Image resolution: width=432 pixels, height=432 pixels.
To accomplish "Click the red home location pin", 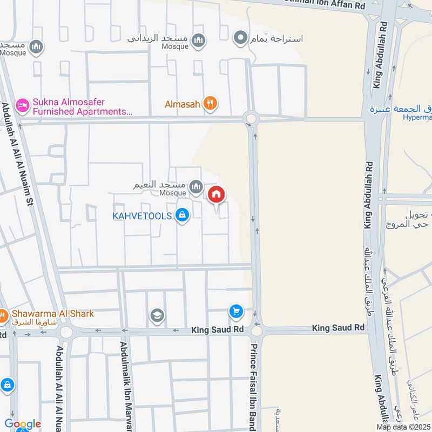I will point(217,195).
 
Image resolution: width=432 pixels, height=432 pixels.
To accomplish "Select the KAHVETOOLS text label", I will point(142,216).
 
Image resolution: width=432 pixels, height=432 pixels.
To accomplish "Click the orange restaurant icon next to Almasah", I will point(211,103).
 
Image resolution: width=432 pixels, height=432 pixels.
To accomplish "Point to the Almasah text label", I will point(183,104).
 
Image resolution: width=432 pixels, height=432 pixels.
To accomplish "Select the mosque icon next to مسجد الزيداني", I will point(199,40).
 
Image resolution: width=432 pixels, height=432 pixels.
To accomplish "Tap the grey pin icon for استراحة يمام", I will point(240,38).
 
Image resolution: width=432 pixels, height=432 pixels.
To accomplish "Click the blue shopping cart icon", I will point(235,310).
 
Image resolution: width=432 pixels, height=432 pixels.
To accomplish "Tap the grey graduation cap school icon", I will point(158,315).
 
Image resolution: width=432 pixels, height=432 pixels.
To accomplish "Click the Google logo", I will point(22,424).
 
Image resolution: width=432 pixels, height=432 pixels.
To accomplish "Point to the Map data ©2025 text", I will point(403,427).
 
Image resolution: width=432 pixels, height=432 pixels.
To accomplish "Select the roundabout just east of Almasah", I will point(251,118).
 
